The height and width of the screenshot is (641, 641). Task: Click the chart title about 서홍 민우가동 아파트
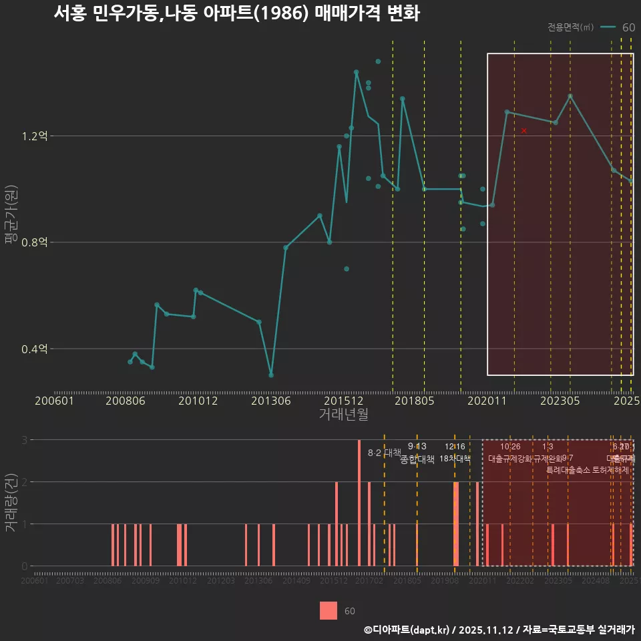coord(236,14)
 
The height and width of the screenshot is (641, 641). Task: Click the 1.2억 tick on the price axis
coord(35,136)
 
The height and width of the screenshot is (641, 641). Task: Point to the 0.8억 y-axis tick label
coord(35,242)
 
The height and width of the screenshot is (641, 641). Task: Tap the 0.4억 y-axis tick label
coord(35,349)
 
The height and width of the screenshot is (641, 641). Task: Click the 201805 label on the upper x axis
coord(414,401)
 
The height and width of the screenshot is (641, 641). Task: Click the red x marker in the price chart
coord(524,131)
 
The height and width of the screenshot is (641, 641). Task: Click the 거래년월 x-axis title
coord(343,415)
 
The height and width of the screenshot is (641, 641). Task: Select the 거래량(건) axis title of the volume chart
coord(11,503)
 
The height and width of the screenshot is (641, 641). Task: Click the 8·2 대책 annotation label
coord(384,452)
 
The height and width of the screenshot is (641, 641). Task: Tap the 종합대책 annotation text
coord(417,459)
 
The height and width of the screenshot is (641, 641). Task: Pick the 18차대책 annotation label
coord(455,459)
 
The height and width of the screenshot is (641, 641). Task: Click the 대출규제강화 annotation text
coord(509,459)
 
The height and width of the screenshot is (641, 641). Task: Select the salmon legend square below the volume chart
coord(329,610)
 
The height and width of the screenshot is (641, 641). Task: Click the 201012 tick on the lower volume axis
coord(183,582)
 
